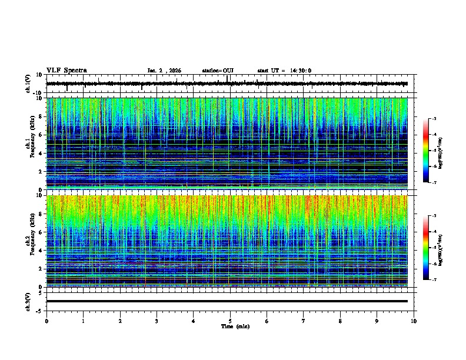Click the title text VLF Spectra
66,70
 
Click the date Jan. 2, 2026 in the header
164,71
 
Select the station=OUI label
218,71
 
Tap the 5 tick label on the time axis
230,321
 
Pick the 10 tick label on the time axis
414,321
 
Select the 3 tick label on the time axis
157,321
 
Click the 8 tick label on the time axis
340,321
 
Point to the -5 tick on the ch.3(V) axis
40,310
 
